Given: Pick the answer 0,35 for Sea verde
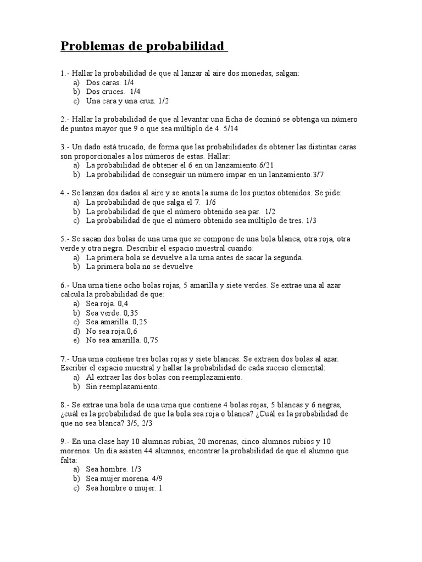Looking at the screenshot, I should [132, 313].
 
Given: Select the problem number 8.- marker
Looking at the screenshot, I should [65, 404].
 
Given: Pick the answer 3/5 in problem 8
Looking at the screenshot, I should [148, 423].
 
